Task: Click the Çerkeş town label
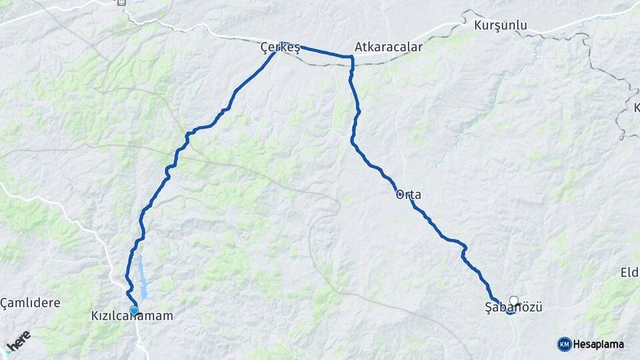[x=280, y=48]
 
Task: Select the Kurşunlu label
[x=500, y=25]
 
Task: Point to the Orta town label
[x=409, y=195]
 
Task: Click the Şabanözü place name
[x=513, y=307]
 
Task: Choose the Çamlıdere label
[x=30, y=303]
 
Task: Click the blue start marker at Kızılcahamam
[x=134, y=310]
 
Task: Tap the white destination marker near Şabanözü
[x=514, y=301]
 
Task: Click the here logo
[x=18, y=340]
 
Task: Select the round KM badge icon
[x=565, y=344]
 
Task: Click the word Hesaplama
[x=599, y=344]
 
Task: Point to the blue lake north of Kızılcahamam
[x=143, y=280]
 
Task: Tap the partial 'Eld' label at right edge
[x=629, y=272]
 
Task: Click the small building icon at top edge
[x=121, y=3]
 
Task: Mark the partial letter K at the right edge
[x=636, y=107]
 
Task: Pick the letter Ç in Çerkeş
[x=264, y=48]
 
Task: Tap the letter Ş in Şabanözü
[x=489, y=307]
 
